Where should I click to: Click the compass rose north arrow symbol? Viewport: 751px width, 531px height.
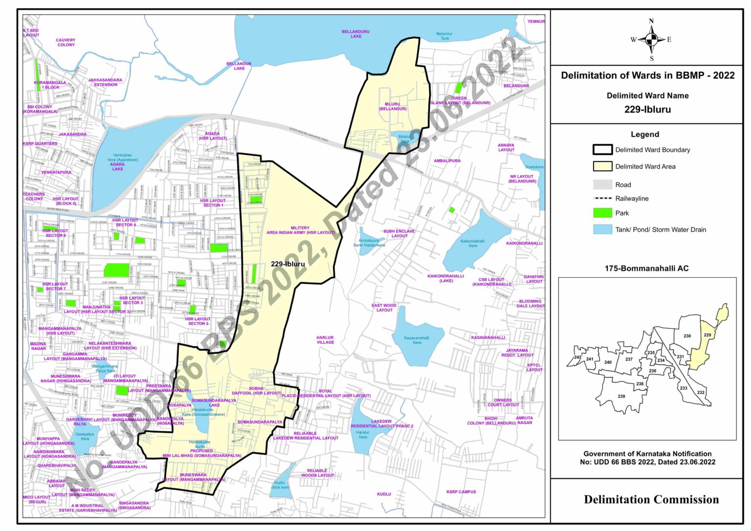651,40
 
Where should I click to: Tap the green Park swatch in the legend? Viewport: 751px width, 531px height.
602,213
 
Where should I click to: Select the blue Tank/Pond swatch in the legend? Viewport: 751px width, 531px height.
602,229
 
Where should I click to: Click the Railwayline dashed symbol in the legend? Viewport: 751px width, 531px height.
602,199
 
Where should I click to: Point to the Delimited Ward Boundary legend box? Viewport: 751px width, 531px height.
602,150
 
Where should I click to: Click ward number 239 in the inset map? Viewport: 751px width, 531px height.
621,396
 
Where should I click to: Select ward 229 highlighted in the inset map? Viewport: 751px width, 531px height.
707,335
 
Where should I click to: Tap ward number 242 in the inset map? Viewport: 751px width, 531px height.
578,357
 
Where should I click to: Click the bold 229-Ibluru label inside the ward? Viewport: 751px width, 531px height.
288,264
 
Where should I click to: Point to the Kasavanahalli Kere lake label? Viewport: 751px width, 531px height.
417,340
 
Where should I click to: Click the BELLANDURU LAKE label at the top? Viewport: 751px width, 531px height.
355,34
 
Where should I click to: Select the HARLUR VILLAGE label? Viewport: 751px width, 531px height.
325,340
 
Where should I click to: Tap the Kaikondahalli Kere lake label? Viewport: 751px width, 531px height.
472,243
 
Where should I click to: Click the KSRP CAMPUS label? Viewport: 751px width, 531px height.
461,492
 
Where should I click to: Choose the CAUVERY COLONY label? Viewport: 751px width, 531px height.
66,43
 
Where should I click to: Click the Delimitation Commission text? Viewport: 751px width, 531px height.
651,500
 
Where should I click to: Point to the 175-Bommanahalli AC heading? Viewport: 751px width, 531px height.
646,268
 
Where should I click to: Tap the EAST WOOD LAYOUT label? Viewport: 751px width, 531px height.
384,308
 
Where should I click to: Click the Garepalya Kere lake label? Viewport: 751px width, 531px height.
85,436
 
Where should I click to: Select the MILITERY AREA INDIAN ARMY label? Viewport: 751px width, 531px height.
300,230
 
